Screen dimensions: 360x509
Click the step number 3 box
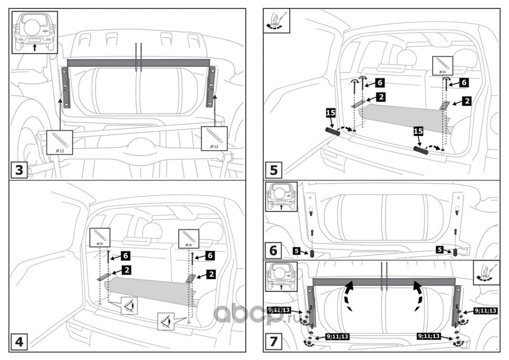pyautogui.click(x=19, y=171)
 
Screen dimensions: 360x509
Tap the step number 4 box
pyautogui.click(x=19, y=342)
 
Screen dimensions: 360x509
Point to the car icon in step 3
pyautogui.click(x=34, y=32)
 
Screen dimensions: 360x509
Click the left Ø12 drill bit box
pyautogui.click(x=59, y=142)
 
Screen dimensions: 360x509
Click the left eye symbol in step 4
pyautogui.click(x=129, y=306)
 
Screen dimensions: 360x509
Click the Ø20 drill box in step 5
pyautogui.click(x=442, y=66)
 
